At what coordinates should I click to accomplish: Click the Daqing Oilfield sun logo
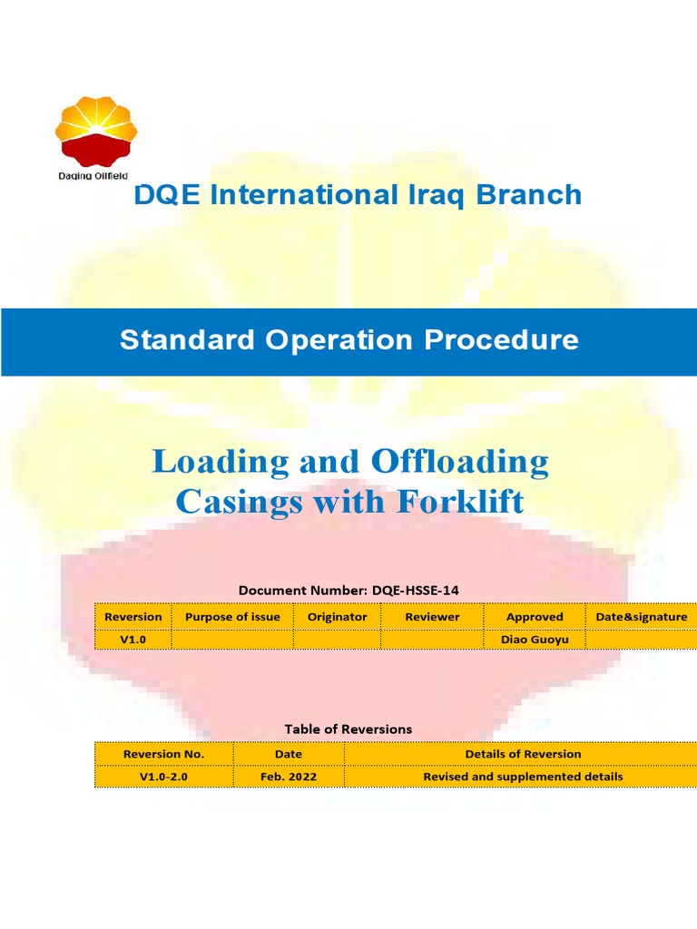pyautogui.click(x=97, y=132)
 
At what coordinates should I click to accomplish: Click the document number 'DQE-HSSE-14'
pyautogui.click(x=415, y=591)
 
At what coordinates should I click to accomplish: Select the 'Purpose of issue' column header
pyautogui.click(x=232, y=617)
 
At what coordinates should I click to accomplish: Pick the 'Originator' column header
pyautogui.click(x=337, y=617)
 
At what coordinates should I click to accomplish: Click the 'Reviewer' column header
pyautogui.click(x=432, y=617)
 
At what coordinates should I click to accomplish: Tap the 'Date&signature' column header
pyautogui.click(x=641, y=617)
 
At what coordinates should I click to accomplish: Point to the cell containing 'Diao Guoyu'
pyautogui.click(x=535, y=640)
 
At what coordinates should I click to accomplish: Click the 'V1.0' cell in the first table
pyautogui.click(x=133, y=640)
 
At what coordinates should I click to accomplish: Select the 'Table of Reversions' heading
pyautogui.click(x=348, y=729)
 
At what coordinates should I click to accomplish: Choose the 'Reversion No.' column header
pyautogui.click(x=163, y=754)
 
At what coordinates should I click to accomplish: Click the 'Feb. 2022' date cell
pyautogui.click(x=289, y=777)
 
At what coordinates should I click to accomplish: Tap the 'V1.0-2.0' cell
pyautogui.click(x=163, y=777)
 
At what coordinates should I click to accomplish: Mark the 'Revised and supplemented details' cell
pyautogui.click(x=523, y=777)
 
